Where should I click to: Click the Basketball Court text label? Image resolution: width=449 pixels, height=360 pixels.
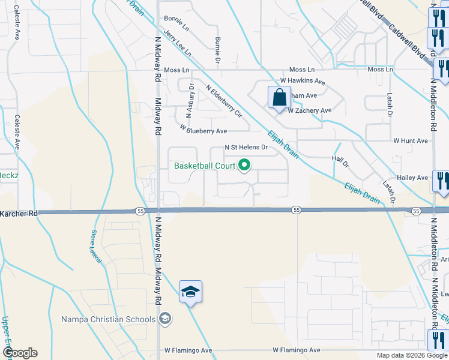(x=204, y=166)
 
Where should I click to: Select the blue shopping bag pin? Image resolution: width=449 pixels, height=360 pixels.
(x=280, y=98)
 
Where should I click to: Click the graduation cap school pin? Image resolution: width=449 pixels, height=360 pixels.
(x=190, y=292)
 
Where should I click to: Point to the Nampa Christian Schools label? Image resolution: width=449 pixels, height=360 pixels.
(x=108, y=319)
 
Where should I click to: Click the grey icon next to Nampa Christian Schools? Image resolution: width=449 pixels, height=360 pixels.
(x=165, y=319)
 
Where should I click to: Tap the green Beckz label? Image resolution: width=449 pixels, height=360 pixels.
(x=8, y=175)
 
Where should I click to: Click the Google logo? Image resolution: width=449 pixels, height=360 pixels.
(x=20, y=353)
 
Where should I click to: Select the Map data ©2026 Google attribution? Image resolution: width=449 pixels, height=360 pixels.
(x=411, y=355)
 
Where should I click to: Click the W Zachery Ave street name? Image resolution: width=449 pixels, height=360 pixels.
(x=309, y=110)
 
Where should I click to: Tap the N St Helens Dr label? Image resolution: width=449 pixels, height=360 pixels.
(x=246, y=147)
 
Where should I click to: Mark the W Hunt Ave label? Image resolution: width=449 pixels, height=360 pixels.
(x=411, y=140)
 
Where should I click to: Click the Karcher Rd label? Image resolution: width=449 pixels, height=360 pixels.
(x=19, y=213)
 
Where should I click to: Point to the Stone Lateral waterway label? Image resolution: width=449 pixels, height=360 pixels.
(x=97, y=245)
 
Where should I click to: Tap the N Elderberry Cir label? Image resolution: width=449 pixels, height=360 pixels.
(x=223, y=101)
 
